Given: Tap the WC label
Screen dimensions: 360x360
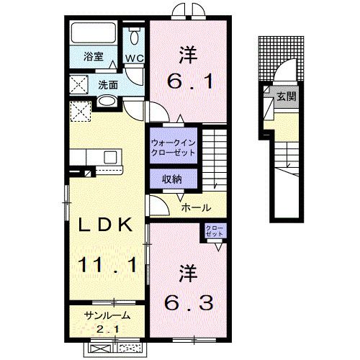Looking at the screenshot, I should click(x=135, y=58).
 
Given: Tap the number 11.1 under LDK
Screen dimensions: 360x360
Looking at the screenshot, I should click(x=106, y=266).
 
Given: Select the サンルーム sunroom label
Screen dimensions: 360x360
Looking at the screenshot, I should click(x=107, y=315).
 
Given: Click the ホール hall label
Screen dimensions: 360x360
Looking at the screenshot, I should click(x=196, y=208).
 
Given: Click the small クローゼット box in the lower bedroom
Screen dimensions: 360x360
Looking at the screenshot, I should click(x=215, y=233).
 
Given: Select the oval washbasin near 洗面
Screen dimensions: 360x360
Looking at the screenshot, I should click(x=107, y=103).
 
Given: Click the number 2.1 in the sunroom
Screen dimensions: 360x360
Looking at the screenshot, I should click(x=107, y=330).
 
